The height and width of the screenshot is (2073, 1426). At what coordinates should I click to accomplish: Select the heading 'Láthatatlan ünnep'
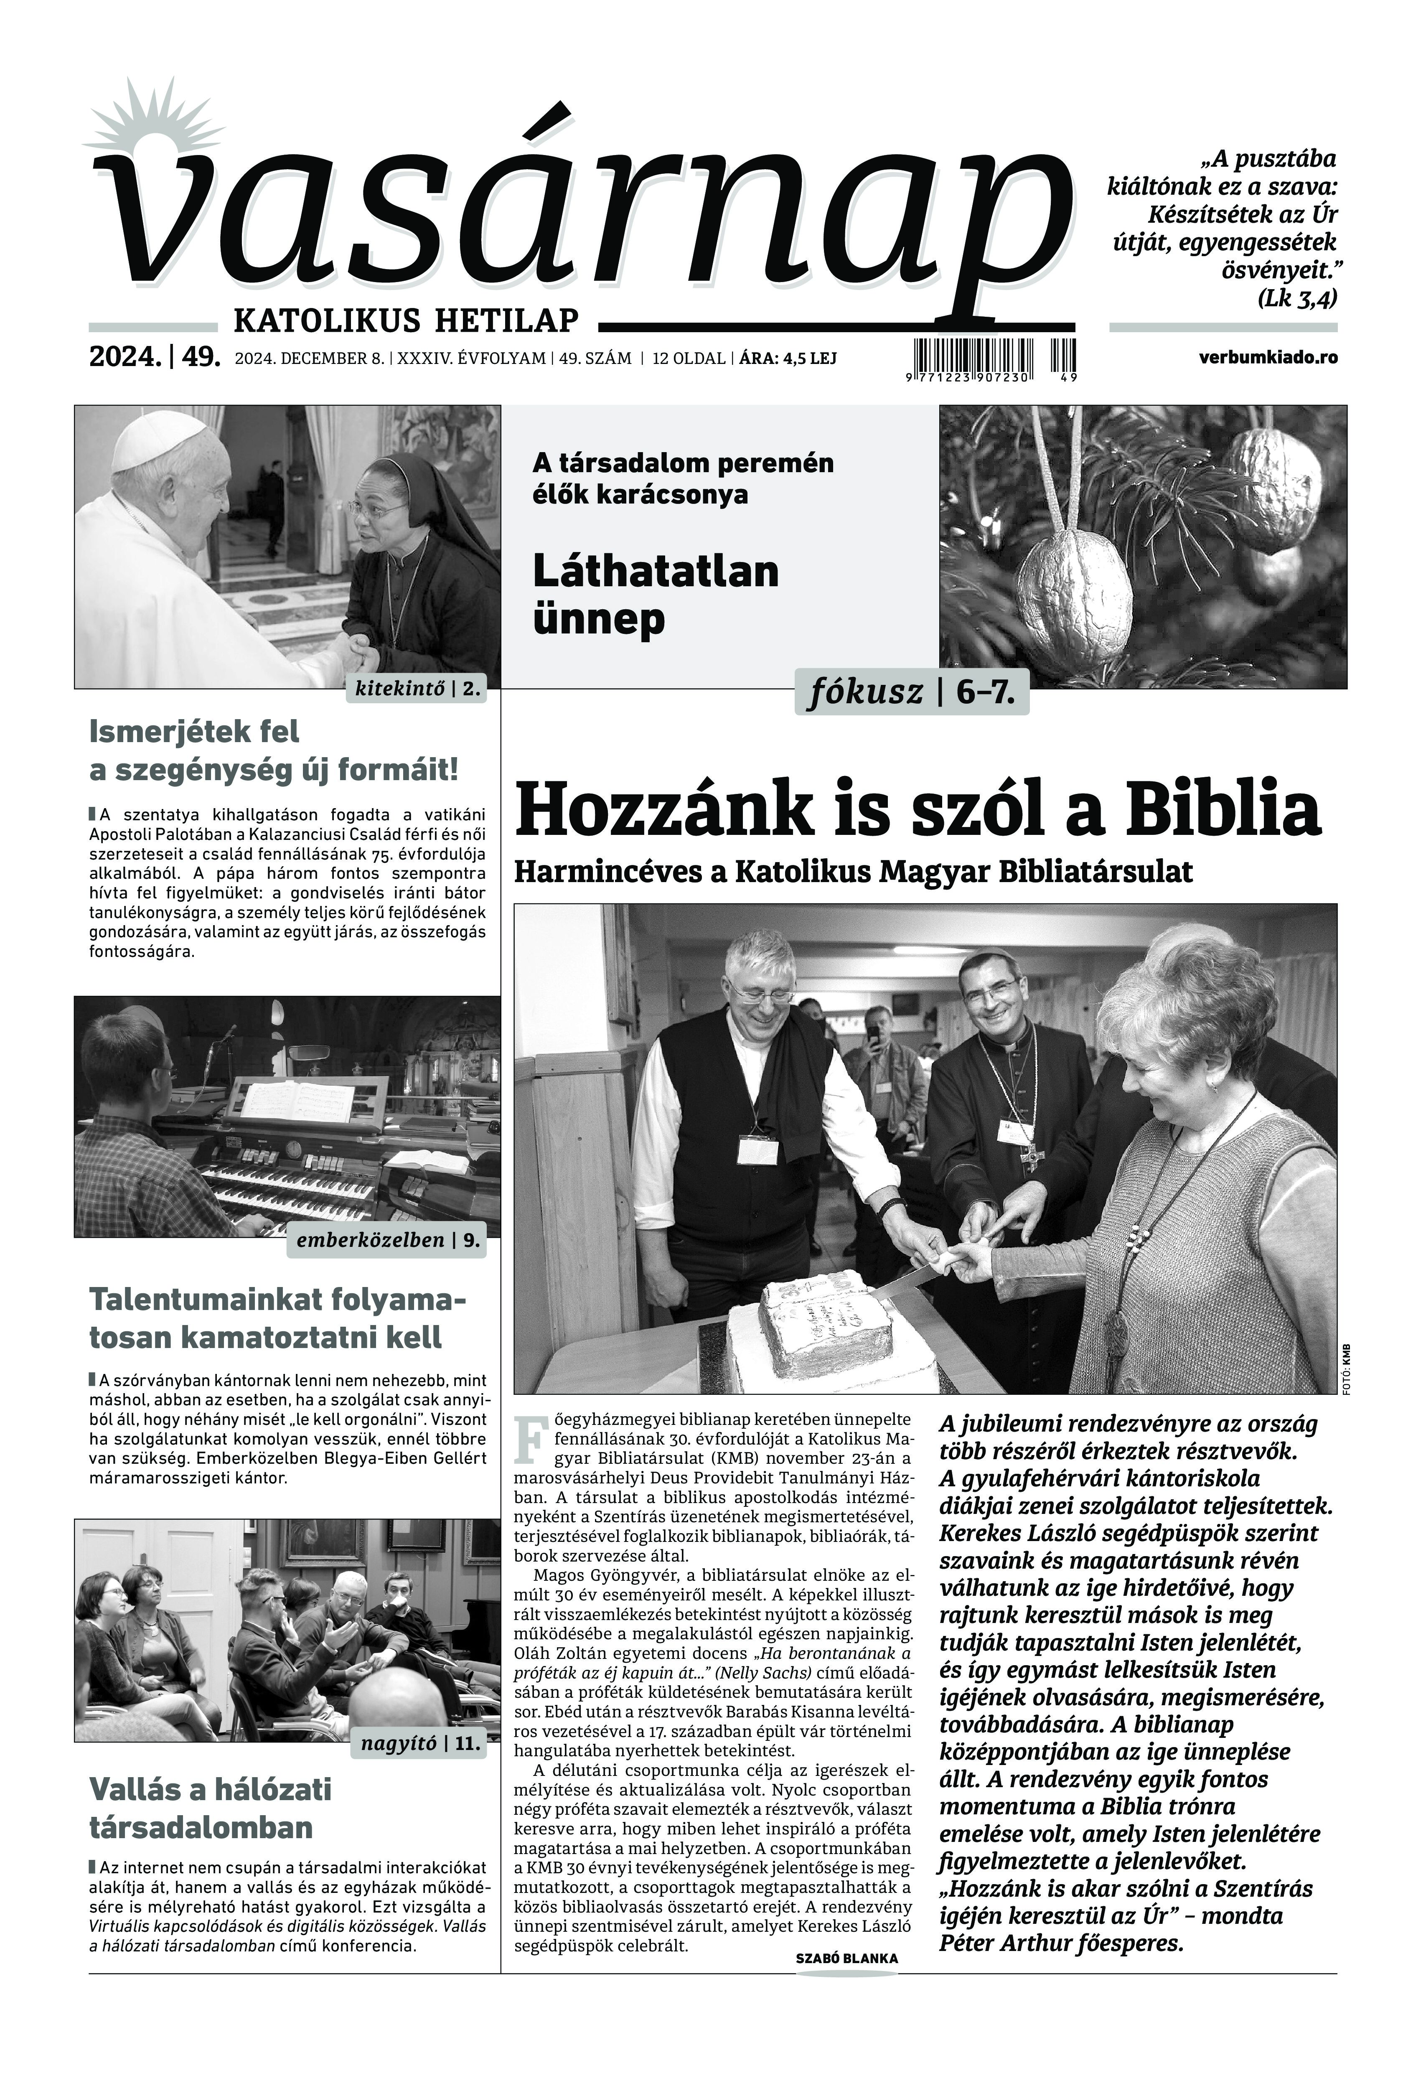click(655, 594)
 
